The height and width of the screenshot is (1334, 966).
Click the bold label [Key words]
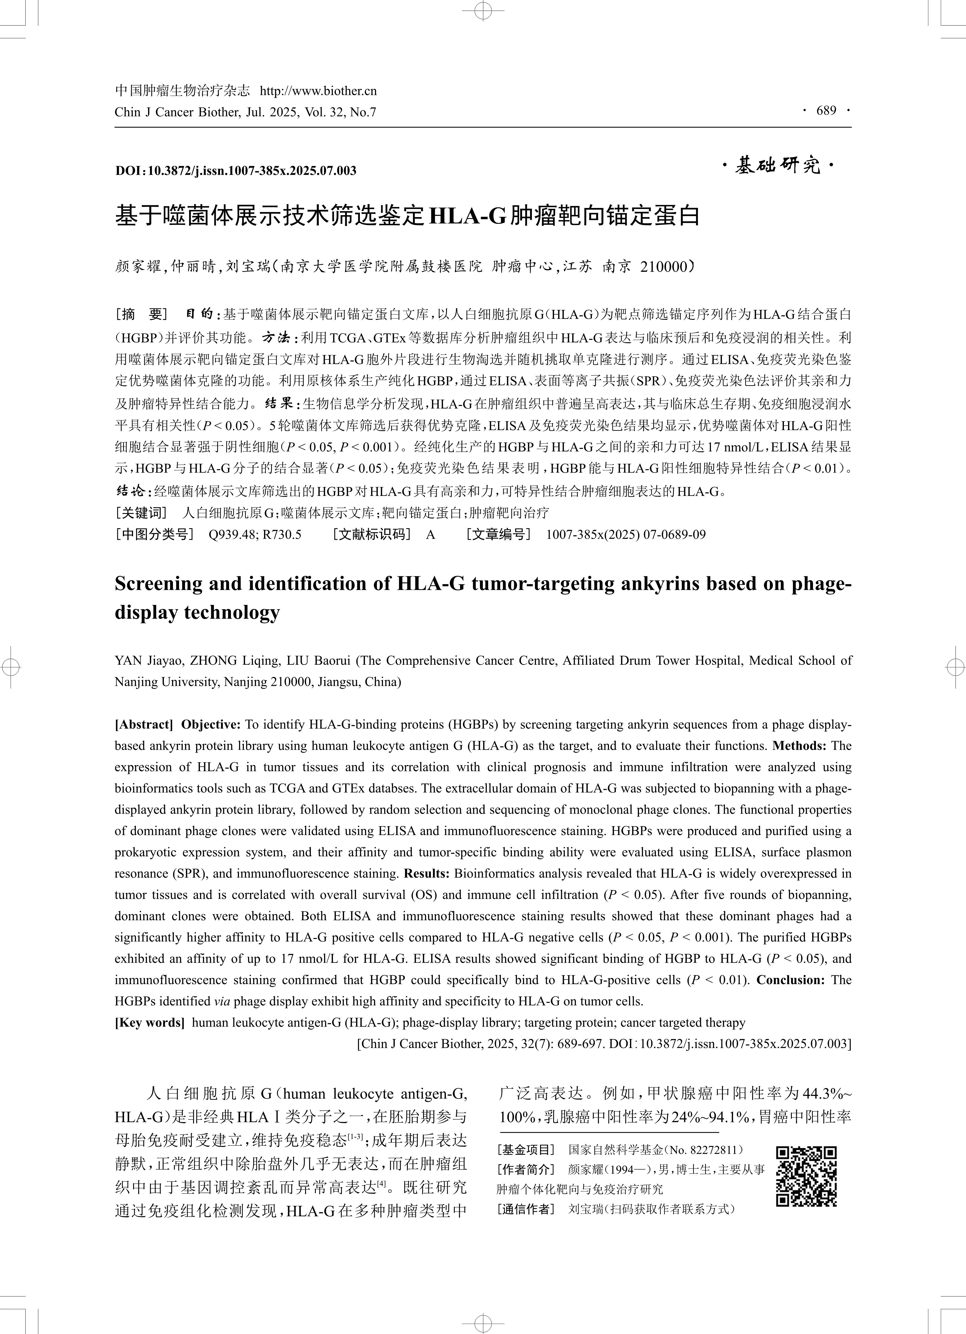pos(149,1022)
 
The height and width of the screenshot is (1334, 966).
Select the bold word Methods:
pos(800,745)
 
